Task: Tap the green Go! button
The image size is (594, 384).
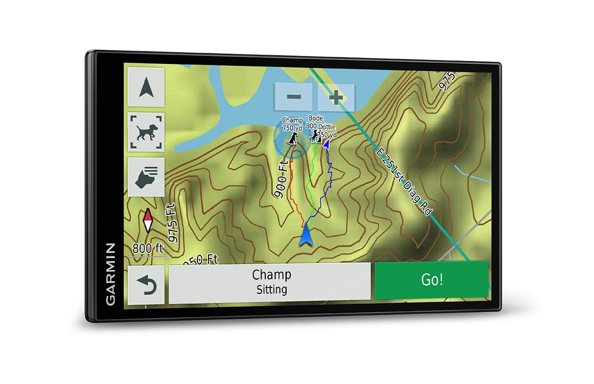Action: [x=431, y=280]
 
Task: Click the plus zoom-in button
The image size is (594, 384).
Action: [x=336, y=97]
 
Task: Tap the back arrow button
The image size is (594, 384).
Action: [x=146, y=286]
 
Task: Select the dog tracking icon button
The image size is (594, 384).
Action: [x=146, y=132]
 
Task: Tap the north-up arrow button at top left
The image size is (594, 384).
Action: [x=146, y=88]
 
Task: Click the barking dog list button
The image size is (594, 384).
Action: [x=146, y=177]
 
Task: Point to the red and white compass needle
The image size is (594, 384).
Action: [x=148, y=220]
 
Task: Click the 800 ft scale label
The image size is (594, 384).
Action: [x=148, y=248]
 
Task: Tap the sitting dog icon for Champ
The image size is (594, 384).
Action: [x=293, y=139]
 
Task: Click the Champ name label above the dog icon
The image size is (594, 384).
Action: [x=292, y=120]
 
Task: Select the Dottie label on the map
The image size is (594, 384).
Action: [x=327, y=127]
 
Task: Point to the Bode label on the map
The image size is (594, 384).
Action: [x=315, y=118]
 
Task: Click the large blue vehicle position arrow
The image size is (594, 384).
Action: [x=306, y=234]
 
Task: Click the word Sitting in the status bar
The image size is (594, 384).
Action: [x=271, y=289]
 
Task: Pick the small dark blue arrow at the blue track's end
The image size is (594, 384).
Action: [x=327, y=144]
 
